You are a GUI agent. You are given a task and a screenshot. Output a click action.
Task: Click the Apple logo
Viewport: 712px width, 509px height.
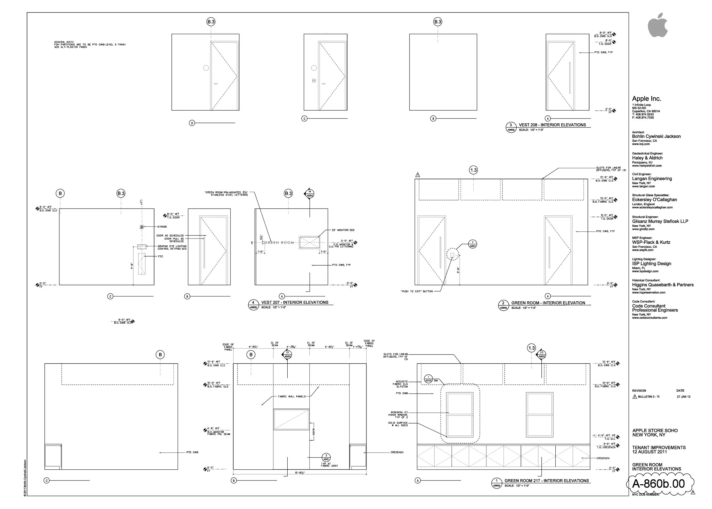[658, 25]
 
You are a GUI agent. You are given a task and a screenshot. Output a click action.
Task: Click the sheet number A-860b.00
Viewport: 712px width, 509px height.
[658, 484]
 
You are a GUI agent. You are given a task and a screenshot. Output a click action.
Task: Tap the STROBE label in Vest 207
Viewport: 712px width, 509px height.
[162, 227]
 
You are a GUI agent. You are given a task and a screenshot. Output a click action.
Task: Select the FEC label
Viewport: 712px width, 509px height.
[160, 256]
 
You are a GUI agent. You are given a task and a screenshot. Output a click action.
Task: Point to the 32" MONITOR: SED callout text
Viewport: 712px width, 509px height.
[343, 230]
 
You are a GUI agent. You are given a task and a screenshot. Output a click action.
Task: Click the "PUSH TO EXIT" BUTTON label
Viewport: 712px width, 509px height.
[417, 292]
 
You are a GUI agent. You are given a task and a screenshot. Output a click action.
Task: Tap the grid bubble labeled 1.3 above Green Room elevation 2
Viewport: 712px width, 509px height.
[473, 170]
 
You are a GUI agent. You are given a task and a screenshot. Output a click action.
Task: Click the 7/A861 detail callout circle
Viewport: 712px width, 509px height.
[472, 244]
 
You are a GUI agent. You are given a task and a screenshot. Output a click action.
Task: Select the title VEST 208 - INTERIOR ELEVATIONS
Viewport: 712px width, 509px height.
[552, 125]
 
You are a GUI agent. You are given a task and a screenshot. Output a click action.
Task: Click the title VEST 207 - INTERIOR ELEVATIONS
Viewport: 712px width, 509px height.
[295, 302]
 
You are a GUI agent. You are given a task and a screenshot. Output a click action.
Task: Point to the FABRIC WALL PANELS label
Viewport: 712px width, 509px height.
[292, 396]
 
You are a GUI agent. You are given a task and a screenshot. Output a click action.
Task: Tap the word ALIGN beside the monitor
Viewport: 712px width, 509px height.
[313, 432]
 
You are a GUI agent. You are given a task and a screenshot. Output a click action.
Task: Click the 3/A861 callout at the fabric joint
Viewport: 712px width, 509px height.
[326, 457]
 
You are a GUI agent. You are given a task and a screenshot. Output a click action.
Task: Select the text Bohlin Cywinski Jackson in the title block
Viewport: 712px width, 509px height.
[656, 136]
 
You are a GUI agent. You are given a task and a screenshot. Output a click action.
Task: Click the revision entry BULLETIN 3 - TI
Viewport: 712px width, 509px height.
[648, 397]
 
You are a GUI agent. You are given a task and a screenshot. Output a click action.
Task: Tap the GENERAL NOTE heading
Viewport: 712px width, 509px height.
[64, 42]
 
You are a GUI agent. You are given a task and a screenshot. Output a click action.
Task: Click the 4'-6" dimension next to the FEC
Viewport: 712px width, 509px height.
[132, 266]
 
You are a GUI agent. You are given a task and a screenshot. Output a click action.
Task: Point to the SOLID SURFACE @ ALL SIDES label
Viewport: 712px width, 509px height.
[398, 424]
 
